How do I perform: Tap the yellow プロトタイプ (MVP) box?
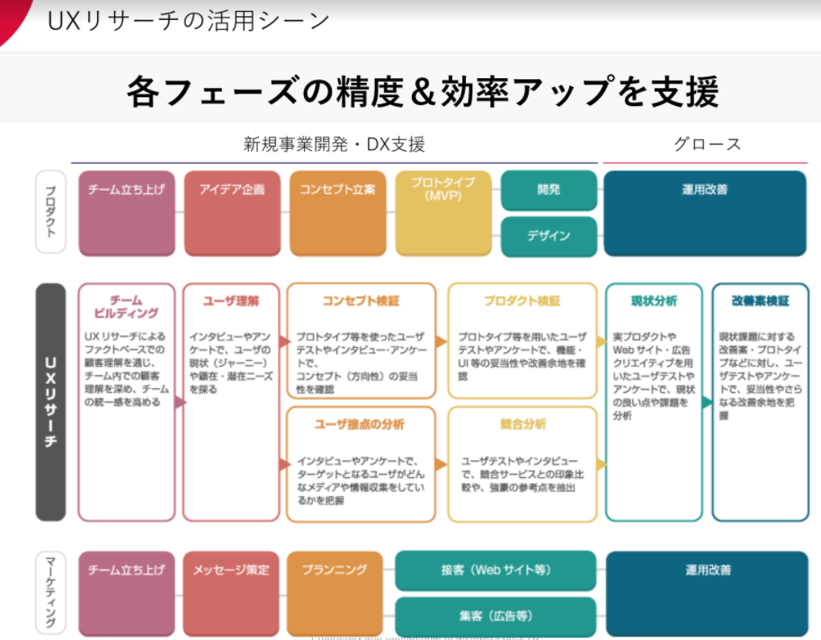point(442,213)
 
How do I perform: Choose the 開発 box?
point(549,190)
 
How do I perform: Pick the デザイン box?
point(549,236)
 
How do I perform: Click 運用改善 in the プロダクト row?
point(705,213)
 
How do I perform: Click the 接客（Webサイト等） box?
point(495,571)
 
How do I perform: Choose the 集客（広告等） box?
point(495,617)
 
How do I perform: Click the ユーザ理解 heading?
point(231,300)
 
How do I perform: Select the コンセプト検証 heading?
point(361,300)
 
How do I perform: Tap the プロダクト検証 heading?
point(522,300)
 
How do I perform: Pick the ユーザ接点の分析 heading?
point(361,423)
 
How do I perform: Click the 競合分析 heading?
point(522,423)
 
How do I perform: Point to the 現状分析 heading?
point(654,300)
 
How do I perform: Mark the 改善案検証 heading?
point(760,300)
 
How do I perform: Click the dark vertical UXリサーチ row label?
point(50,402)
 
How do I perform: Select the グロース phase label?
point(708,144)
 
